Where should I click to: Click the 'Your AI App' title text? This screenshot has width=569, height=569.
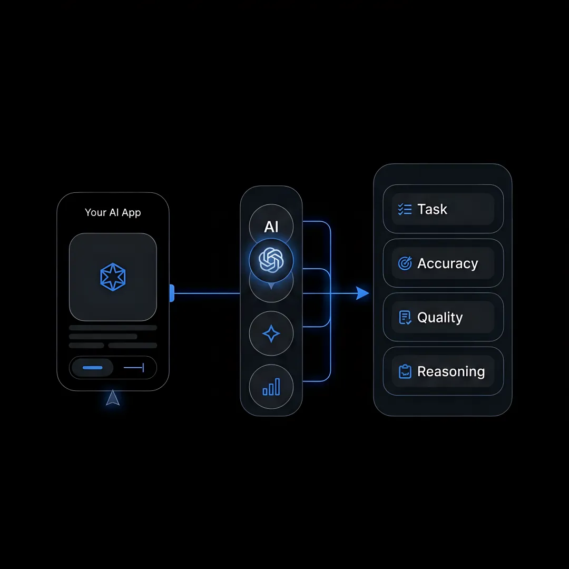coord(113,212)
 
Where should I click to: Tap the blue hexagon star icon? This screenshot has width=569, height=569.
coord(113,277)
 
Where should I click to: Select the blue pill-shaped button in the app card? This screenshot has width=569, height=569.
coord(93,368)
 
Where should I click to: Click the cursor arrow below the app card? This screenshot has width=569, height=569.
coord(113,398)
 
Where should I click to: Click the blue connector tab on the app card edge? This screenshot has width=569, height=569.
coord(172,293)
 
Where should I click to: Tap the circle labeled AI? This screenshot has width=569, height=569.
coord(271,225)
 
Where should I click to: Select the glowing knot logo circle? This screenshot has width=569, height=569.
coord(271,260)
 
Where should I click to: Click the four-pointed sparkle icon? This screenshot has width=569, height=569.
coord(271,333)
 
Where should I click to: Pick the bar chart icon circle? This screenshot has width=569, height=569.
coord(271,387)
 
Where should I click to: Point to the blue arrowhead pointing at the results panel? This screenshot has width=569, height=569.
coord(362,293)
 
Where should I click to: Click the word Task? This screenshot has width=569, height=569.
coord(432,209)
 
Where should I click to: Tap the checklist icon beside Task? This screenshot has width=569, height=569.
coord(405,209)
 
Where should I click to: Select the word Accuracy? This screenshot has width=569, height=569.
coord(448,263)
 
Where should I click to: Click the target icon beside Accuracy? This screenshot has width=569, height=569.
coord(405,263)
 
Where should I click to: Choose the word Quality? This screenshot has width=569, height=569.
coord(440,318)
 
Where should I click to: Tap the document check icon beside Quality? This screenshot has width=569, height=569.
coord(405,318)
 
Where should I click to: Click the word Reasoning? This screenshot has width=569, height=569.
coord(451,371)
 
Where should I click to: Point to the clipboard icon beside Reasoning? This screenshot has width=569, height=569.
coord(405,371)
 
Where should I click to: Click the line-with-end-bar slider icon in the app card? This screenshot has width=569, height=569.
coord(134,368)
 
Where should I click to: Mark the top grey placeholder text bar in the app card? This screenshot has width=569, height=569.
coord(113,328)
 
